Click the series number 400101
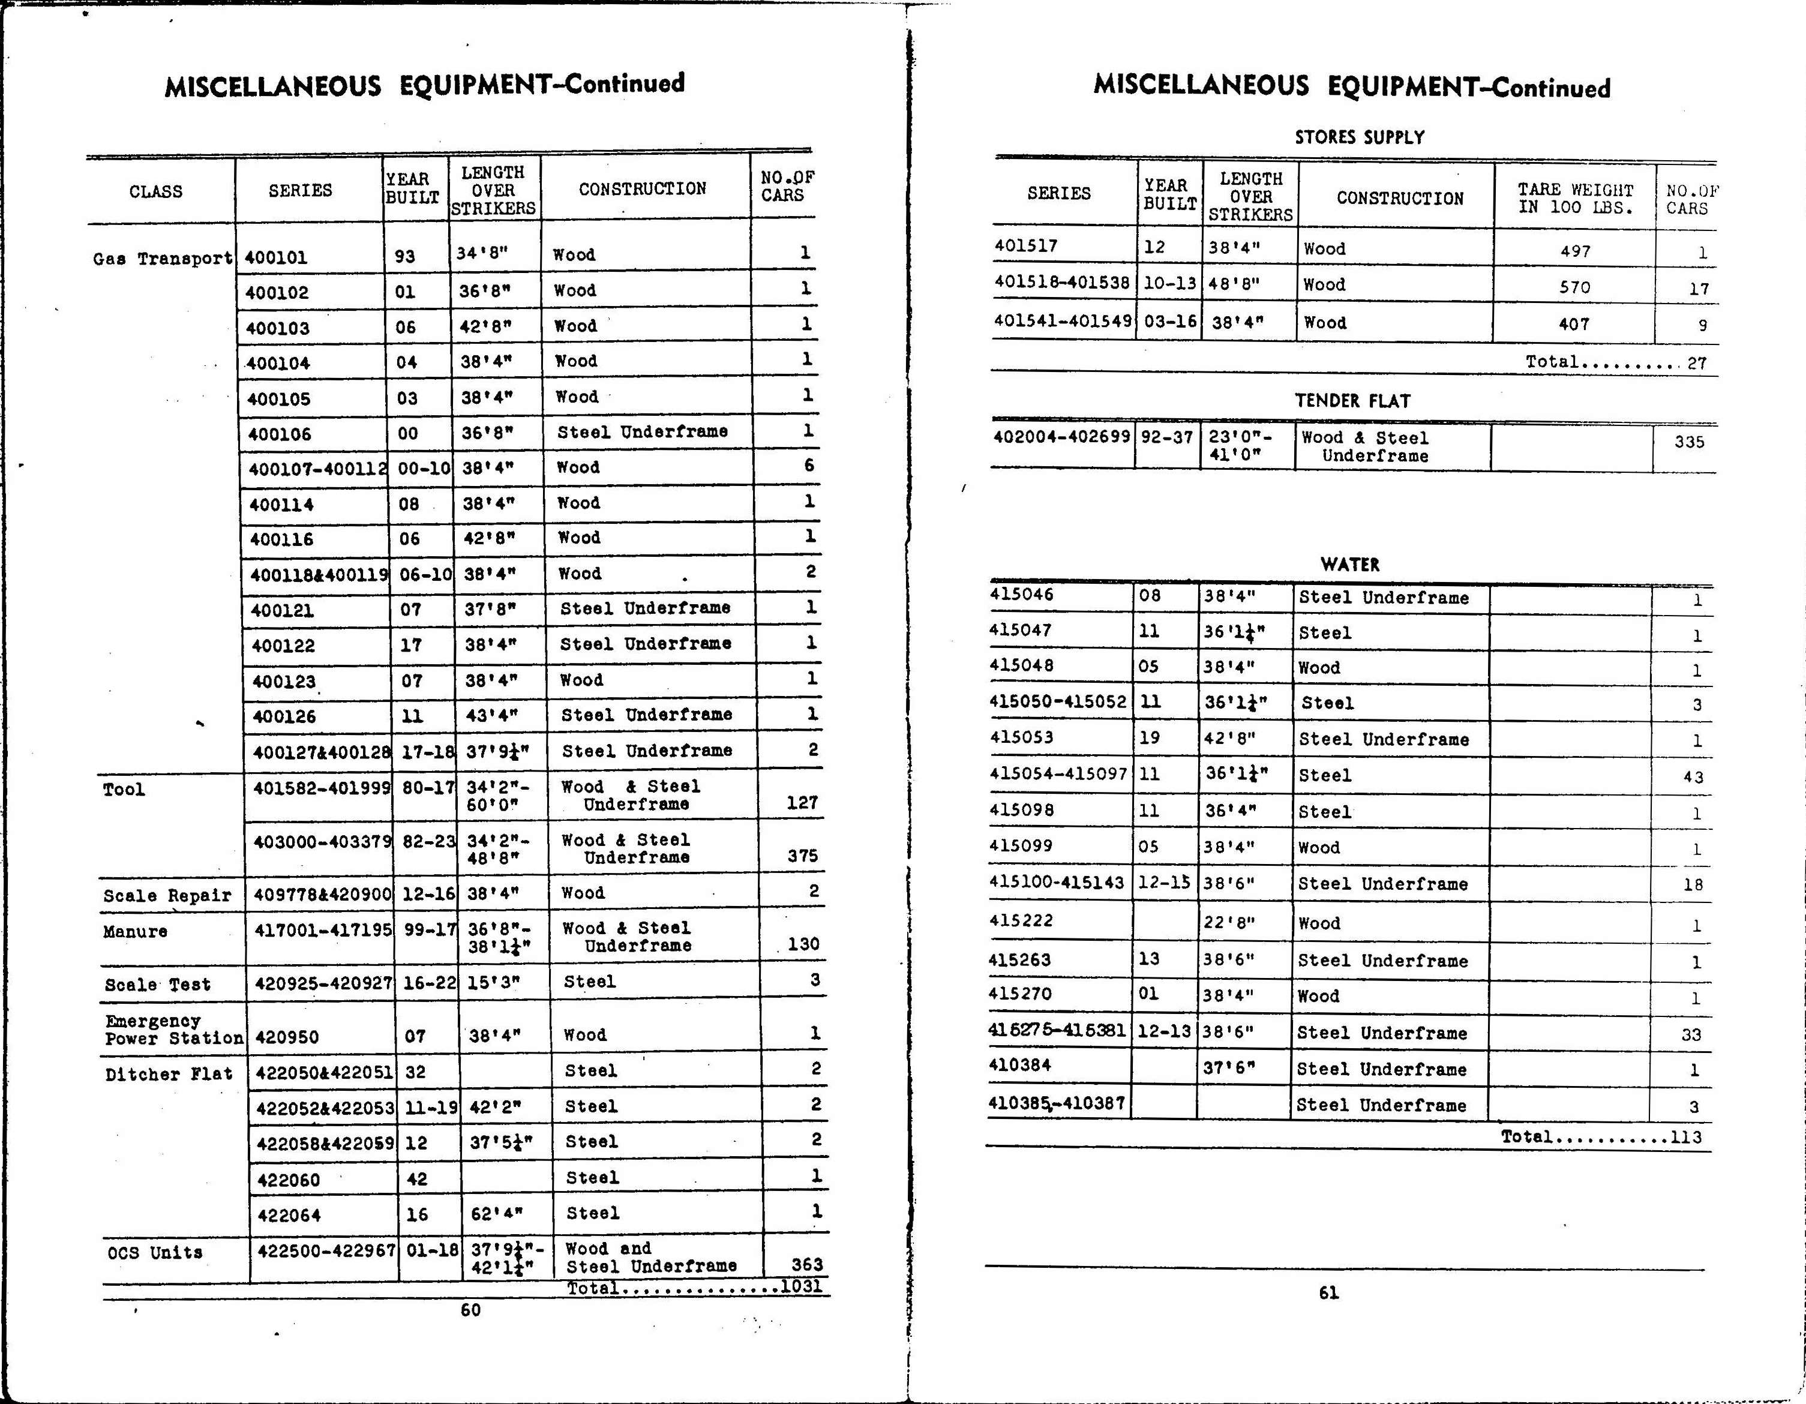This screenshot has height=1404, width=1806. pyautogui.click(x=276, y=257)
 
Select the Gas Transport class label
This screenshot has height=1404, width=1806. pyautogui.click(x=162, y=259)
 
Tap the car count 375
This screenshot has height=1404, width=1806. pyautogui.click(x=802, y=856)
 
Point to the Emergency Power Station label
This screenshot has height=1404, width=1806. pyautogui.click(x=173, y=1030)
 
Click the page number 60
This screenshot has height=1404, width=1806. pyautogui.click(x=470, y=1310)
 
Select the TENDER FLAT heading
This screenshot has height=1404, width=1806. pyautogui.click(x=1352, y=401)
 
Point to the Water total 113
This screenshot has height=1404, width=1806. pyautogui.click(x=1685, y=1137)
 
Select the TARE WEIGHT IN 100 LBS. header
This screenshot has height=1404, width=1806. pyautogui.click(x=1575, y=199)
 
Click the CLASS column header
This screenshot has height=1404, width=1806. pyautogui.click(x=155, y=192)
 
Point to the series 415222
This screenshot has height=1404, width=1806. pyautogui.click(x=1022, y=921)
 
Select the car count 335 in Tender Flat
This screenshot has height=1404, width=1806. pyautogui.click(x=1688, y=442)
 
